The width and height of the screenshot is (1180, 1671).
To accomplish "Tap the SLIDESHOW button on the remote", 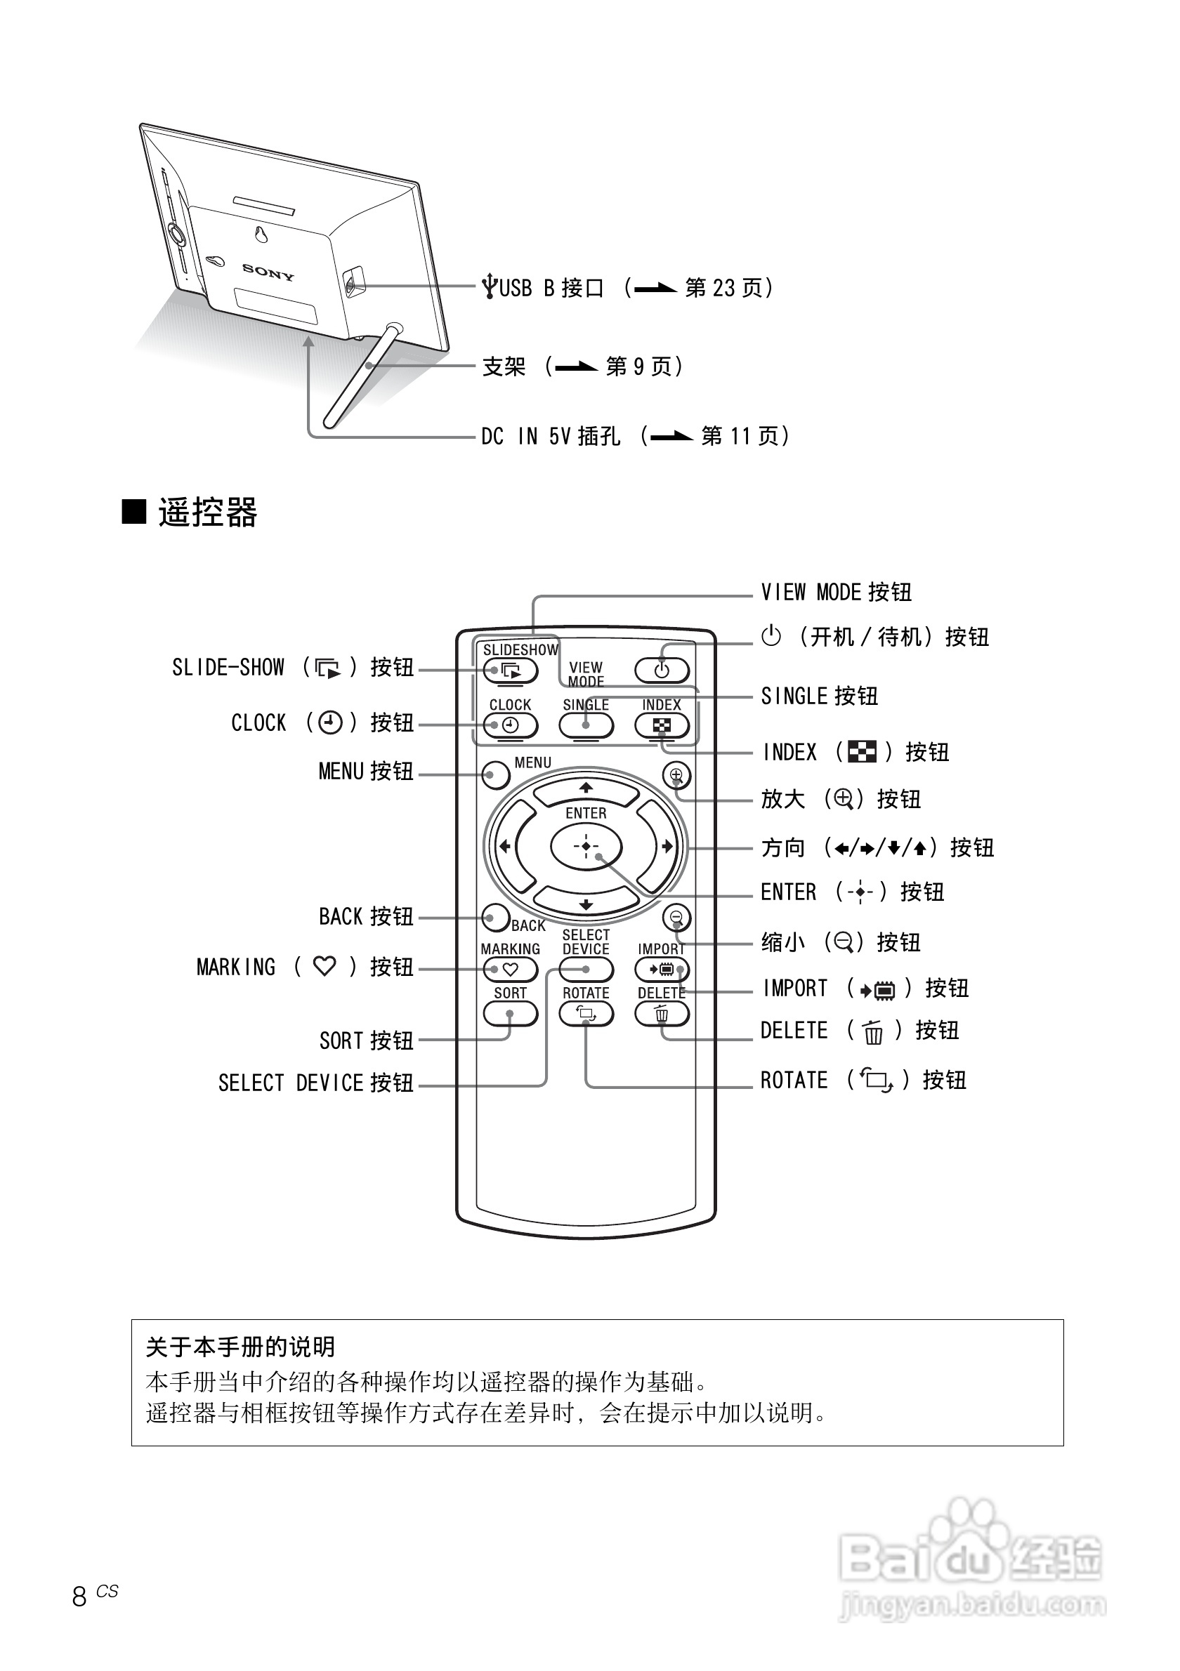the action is tap(511, 671).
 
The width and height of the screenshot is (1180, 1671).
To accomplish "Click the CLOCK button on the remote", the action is tap(511, 725).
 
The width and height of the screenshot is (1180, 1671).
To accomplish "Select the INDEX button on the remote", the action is tap(661, 725).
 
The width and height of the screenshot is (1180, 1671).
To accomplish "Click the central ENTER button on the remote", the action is tap(586, 846).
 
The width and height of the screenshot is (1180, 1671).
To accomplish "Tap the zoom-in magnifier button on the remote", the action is tap(676, 775).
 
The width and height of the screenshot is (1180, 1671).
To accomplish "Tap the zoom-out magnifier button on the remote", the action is tap(676, 917).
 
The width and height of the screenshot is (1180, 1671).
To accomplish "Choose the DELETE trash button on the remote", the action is tap(661, 1013).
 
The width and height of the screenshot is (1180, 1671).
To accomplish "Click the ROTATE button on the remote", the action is tap(586, 1013).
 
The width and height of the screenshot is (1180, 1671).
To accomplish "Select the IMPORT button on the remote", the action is tap(661, 970).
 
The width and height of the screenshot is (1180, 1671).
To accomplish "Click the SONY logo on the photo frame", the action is tap(268, 272).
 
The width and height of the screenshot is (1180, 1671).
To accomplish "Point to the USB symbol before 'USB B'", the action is tap(490, 286).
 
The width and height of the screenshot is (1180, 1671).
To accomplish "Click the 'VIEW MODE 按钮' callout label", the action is tap(836, 593).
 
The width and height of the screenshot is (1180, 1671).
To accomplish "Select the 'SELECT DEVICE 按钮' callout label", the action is tap(315, 1083).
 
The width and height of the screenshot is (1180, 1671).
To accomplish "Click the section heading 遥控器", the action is tap(207, 513).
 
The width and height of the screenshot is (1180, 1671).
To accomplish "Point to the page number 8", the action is tap(79, 1596).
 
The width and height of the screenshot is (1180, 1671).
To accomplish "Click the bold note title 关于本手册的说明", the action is tap(240, 1347).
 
